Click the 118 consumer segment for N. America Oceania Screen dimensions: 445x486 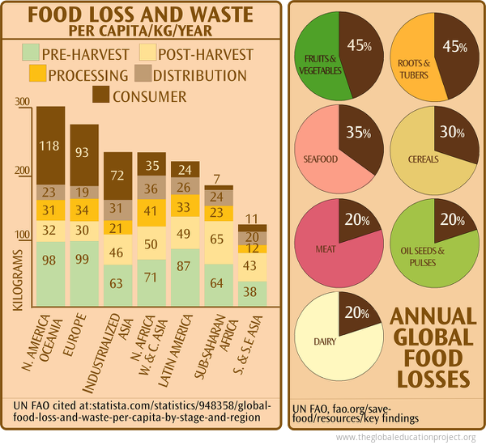tap(51, 146)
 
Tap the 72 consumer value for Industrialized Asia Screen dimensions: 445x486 tap(118, 176)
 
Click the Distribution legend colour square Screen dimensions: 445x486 tap(143, 75)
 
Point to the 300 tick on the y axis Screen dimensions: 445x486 tap(22, 102)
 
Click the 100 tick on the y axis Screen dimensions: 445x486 tap(22, 235)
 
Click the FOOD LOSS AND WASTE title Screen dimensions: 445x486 tap(140, 15)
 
